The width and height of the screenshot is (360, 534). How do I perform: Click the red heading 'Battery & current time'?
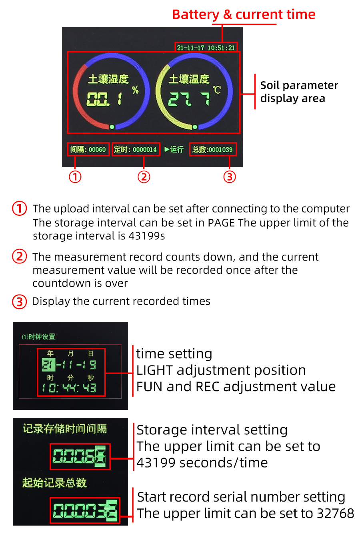click(244, 14)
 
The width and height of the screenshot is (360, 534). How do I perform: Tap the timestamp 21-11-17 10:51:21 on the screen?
click(206, 48)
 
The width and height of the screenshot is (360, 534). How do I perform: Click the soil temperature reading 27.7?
click(189, 99)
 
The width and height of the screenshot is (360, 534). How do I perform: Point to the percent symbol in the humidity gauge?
click(135, 90)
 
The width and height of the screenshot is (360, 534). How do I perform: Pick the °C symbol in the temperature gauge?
click(217, 90)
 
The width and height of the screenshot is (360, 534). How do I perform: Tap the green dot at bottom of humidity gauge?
click(112, 127)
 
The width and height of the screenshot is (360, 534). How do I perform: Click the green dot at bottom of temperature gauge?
click(195, 127)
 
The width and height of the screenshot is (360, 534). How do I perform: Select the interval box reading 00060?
click(88, 149)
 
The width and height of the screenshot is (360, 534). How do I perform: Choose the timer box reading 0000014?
click(136, 149)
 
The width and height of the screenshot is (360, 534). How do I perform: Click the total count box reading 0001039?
click(213, 149)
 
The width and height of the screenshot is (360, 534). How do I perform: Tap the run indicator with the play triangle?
click(174, 149)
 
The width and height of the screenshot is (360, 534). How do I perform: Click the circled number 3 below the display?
click(230, 177)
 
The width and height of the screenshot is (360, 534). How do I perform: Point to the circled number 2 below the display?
click(144, 177)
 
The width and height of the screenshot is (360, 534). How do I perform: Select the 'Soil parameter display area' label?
click(299, 92)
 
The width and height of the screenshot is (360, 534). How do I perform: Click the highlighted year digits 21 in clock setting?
click(49, 365)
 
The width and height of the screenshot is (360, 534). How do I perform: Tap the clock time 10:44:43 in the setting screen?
click(69, 388)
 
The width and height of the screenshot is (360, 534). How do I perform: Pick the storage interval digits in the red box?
click(80, 456)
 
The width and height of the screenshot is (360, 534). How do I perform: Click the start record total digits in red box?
click(85, 510)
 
